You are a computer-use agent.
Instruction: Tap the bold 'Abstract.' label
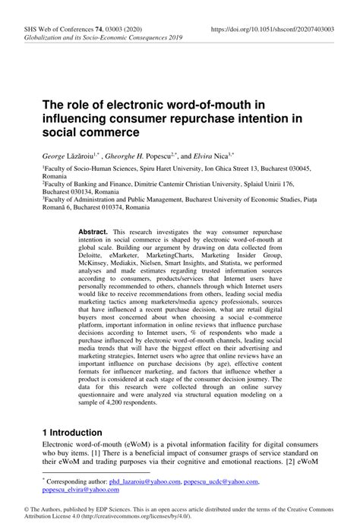point(95,230)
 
